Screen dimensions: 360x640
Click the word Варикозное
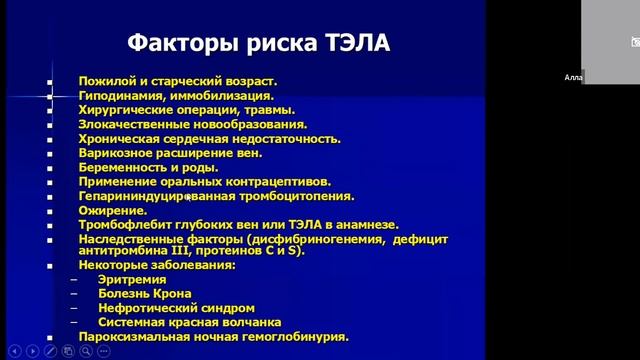click(117, 153)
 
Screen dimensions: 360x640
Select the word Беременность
click(125, 167)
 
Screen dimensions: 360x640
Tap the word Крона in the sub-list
click(172, 294)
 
